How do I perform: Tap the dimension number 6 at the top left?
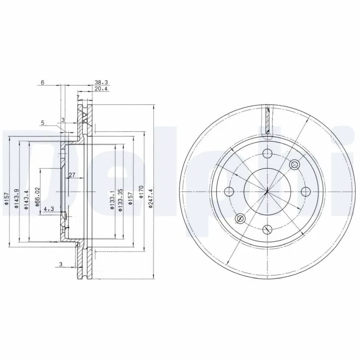click(42, 82)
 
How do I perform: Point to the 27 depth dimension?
click(72, 175)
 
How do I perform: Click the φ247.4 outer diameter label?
click(151, 198)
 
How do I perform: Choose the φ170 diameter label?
click(141, 192)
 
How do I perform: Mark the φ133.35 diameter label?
click(121, 200)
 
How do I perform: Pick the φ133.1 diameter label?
click(112, 199)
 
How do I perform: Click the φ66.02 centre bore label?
click(38, 197)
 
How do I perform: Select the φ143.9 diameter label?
click(16, 198)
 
